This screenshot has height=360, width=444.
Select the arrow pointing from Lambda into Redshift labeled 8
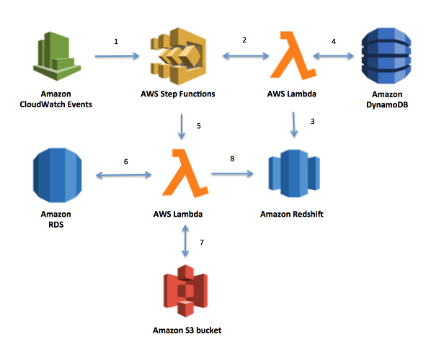232,174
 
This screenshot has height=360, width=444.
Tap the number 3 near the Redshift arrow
312,121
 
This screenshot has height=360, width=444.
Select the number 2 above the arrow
244,41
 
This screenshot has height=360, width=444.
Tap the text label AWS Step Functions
179,94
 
